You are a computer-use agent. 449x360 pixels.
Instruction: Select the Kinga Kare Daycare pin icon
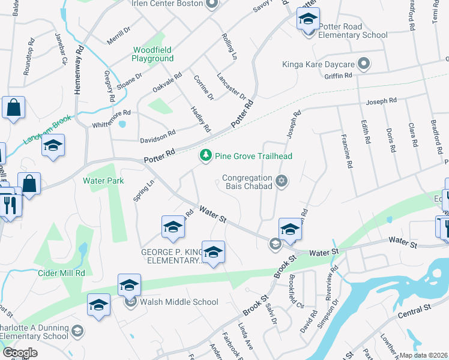363,63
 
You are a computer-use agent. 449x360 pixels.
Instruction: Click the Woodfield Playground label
153,54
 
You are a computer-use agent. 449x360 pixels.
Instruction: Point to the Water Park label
103,180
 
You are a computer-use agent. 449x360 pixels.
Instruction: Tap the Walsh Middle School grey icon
131,302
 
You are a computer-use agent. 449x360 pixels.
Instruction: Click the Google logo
20,352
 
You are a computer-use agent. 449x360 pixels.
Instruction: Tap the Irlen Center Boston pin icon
211,5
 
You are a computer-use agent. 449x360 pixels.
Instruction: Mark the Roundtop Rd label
28,61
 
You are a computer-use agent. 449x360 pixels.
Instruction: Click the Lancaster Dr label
231,86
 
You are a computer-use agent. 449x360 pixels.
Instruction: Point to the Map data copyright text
423,355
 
